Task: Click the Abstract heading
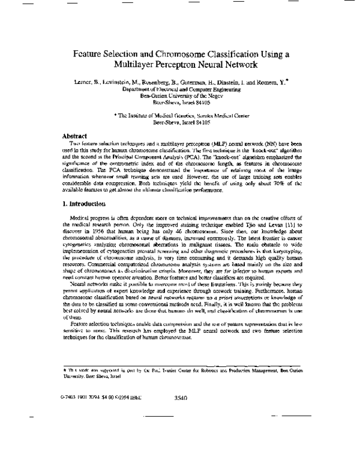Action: click(x=75, y=136)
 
